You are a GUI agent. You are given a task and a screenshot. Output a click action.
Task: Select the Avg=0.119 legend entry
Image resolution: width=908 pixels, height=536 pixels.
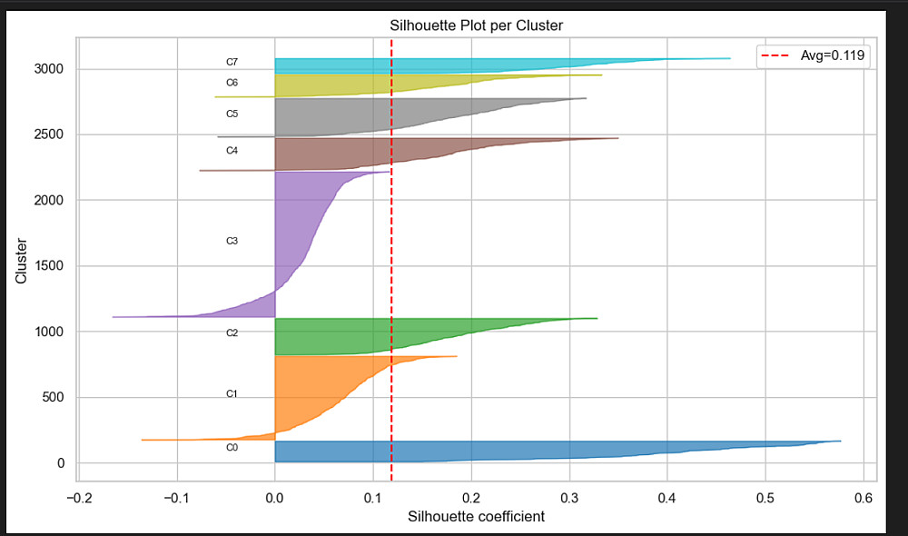[813, 56]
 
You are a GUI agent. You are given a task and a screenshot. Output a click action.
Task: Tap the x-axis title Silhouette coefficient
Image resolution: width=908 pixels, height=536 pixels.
[477, 517]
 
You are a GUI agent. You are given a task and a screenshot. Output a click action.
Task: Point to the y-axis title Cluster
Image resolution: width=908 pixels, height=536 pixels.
[21, 261]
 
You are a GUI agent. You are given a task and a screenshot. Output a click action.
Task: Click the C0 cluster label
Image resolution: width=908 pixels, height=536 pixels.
[232, 448]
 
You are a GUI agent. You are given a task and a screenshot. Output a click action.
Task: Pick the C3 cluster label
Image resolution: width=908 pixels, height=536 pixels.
[232, 242]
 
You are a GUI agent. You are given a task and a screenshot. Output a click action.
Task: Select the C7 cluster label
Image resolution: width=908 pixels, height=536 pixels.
[232, 62]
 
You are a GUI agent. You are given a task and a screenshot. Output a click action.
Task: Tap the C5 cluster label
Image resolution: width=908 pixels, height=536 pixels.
[232, 114]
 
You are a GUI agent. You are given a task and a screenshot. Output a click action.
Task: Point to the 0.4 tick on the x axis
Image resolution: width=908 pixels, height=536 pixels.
[667, 497]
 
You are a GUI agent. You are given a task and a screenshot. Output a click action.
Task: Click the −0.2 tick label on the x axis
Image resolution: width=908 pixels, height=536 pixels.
[80, 497]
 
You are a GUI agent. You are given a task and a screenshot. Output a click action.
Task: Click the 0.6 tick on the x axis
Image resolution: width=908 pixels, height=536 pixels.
[864, 497]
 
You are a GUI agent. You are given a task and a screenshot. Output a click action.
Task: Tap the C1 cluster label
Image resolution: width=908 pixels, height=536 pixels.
[232, 394]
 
